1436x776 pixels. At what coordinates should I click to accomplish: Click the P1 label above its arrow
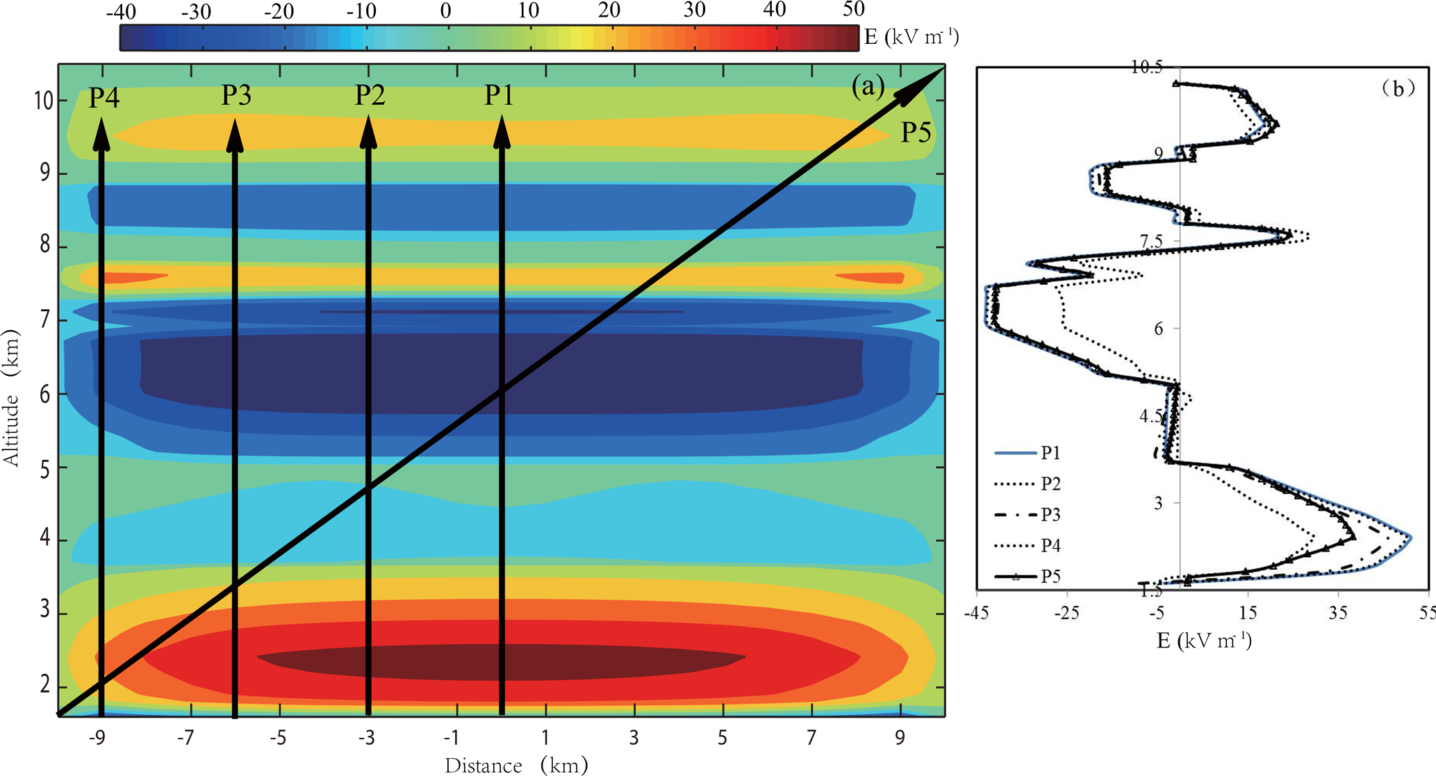(x=499, y=95)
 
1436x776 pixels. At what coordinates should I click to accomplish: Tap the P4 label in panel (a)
(x=104, y=98)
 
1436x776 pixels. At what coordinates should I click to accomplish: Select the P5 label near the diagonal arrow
(x=916, y=132)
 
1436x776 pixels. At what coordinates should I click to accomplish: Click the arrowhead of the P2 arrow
(x=368, y=133)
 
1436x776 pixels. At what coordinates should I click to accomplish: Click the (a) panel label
(x=868, y=86)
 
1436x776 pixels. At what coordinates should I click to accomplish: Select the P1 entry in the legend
(x=1050, y=454)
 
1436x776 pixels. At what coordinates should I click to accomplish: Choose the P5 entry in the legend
(x=1050, y=576)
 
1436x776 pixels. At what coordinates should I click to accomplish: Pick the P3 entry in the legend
(x=1050, y=515)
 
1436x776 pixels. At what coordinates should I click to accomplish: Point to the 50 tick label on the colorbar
(x=854, y=10)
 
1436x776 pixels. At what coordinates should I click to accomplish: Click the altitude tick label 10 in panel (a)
(x=43, y=101)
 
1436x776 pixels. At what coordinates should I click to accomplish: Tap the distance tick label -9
(x=98, y=737)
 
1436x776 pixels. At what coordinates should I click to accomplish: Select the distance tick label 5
(x=723, y=737)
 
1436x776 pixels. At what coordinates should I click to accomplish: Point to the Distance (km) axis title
(x=516, y=766)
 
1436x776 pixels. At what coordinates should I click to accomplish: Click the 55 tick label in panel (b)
(x=1427, y=613)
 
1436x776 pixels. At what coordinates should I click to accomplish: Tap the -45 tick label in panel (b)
(x=977, y=613)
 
